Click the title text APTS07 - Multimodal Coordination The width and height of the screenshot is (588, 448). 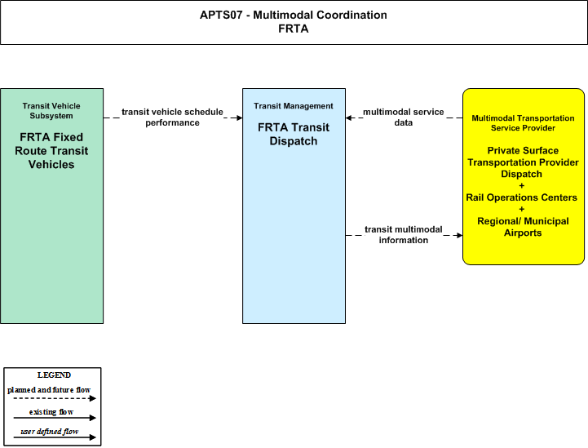294,15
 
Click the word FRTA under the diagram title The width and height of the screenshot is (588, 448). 294,29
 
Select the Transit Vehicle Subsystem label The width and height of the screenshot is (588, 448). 51,111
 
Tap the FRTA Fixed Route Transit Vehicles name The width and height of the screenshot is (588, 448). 51,150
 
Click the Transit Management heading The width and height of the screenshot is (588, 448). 294,106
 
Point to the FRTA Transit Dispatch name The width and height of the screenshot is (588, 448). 294,134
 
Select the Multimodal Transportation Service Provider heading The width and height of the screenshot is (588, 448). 523,123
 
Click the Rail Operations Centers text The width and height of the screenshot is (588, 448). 522,197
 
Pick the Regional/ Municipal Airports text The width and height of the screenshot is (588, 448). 523,227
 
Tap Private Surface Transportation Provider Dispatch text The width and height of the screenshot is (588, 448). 523,162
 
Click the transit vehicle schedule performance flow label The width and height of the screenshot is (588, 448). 173,117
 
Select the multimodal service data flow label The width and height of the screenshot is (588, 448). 404,117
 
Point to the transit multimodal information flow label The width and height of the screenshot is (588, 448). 404,234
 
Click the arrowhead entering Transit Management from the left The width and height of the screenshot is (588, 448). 239,118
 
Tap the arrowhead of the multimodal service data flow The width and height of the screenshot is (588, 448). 349,118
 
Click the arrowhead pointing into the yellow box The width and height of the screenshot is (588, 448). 459,235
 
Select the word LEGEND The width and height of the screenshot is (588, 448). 54,375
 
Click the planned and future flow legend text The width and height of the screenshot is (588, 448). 49,390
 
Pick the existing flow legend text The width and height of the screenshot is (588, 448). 51,412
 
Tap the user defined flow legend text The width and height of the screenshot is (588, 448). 50,432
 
